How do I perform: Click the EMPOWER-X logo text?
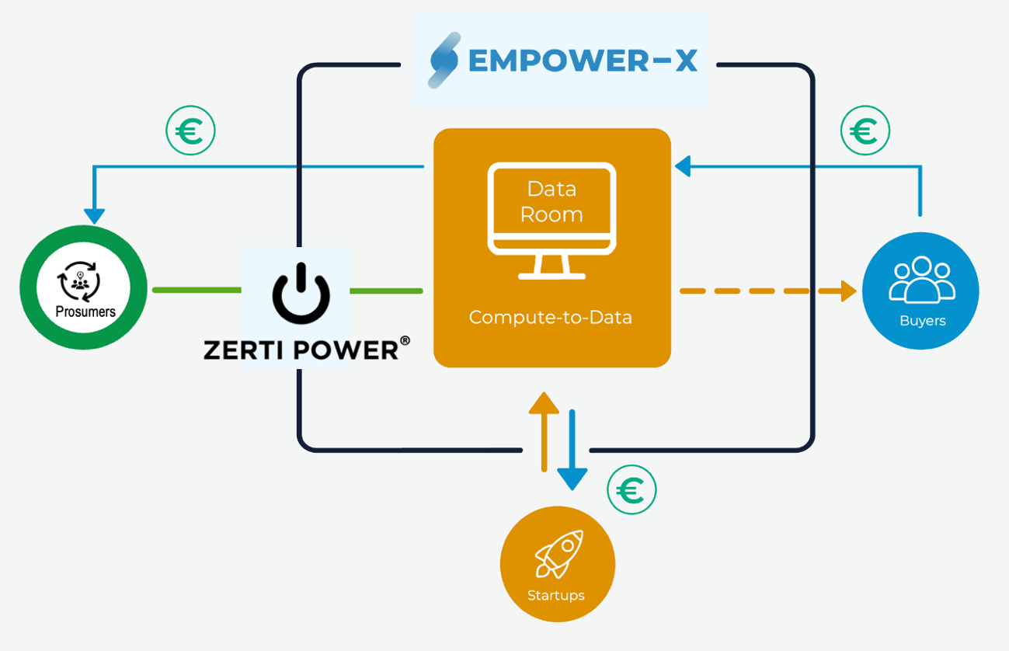tap(583, 61)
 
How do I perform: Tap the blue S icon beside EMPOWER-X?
tap(445, 61)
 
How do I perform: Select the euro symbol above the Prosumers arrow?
tap(190, 131)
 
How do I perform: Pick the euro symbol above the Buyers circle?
tap(865, 131)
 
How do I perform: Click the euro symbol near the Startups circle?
tap(631, 490)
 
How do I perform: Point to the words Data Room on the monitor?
tap(551, 201)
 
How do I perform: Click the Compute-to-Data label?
tap(551, 317)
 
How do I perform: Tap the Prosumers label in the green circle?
tap(85, 312)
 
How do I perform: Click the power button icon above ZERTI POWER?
tap(301, 294)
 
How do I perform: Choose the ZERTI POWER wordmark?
tap(301, 350)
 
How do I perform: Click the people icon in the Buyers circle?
tap(922, 280)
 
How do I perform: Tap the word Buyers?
tap(922, 320)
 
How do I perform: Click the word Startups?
tap(556, 596)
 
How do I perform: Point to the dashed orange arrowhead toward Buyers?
tap(848, 291)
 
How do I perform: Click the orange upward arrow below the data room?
tap(544, 431)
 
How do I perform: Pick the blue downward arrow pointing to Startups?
tap(572, 451)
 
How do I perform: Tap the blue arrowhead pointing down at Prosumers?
tap(95, 215)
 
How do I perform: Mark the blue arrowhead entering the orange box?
tap(683, 165)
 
